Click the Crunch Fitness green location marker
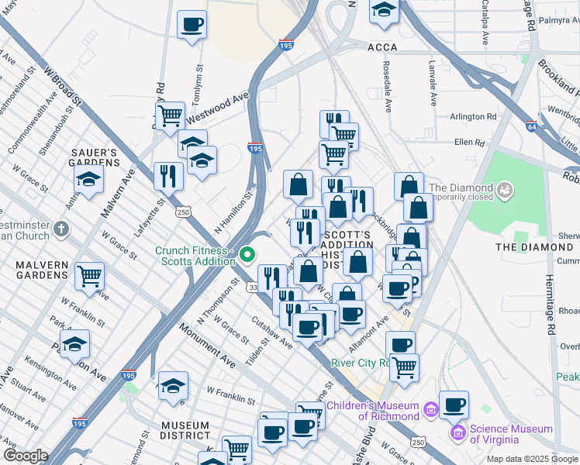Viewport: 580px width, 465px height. tap(247, 254)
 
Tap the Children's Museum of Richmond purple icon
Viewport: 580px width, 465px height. tap(427, 407)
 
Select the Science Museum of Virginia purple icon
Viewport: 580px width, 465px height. tap(458, 432)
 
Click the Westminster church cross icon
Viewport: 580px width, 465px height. tap(63, 229)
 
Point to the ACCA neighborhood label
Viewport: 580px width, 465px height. tap(382, 47)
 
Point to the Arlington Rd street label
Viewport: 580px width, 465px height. tap(473, 117)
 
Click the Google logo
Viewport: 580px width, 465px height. tap(26, 456)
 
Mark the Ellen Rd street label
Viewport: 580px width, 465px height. tap(469, 143)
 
